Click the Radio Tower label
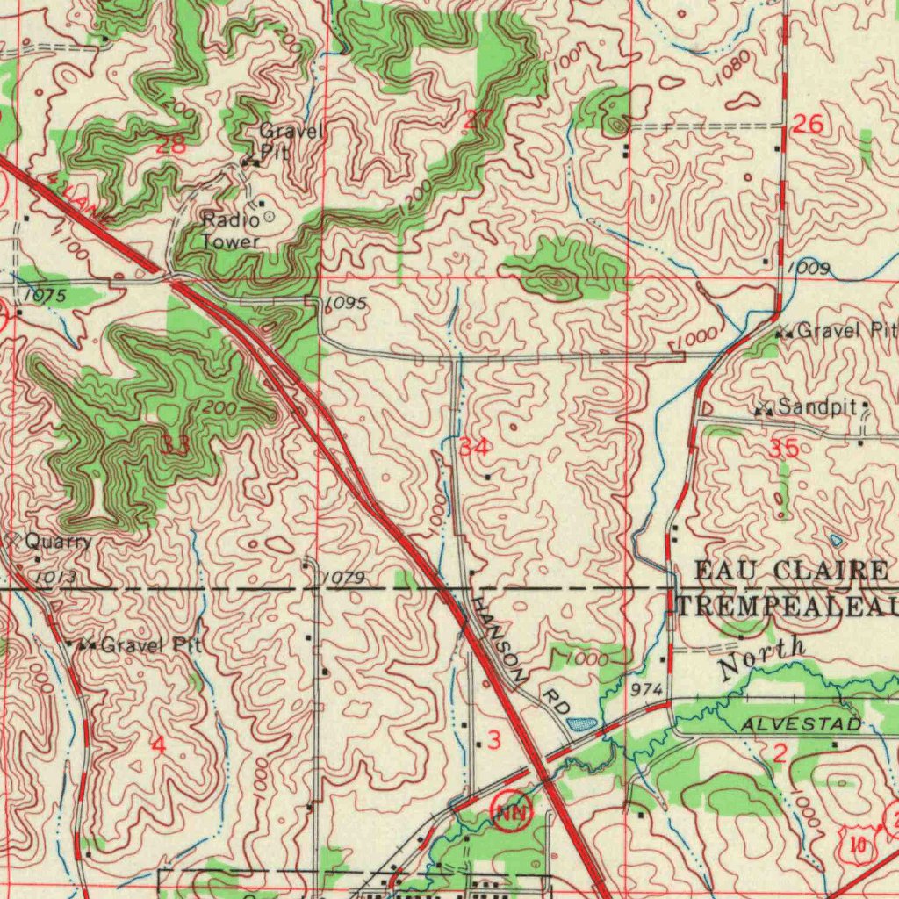231,230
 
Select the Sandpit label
816,406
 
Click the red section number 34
474,447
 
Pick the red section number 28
169,146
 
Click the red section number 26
807,125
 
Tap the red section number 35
783,449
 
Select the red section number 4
158,744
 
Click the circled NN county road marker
512,810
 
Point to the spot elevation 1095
346,304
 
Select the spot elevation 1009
808,267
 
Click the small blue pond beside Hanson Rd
581,723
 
